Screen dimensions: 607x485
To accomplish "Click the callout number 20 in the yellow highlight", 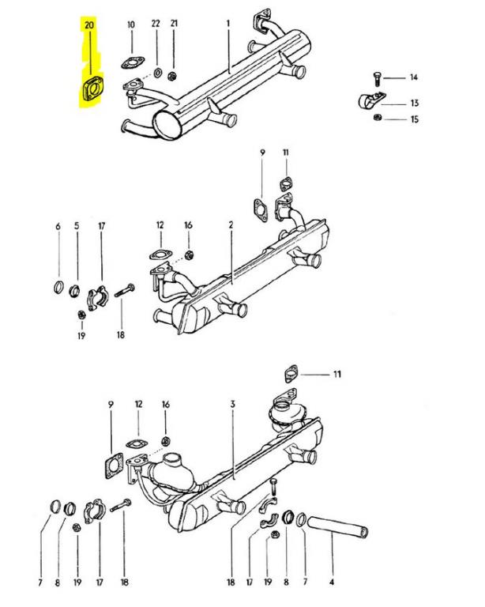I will (x=89, y=25).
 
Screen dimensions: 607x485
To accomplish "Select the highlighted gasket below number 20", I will (x=91, y=89).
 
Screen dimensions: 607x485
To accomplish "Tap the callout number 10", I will (x=131, y=25).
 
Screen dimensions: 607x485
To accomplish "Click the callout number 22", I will (x=156, y=25).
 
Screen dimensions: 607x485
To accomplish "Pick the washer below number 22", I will (x=157, y=74).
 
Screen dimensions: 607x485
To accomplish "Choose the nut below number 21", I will (x=174, y=77).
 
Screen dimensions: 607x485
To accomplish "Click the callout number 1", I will (x=228, y=25).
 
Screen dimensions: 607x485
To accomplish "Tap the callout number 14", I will (x=412, y=77).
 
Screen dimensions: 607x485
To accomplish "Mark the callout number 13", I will (x=414, y=104).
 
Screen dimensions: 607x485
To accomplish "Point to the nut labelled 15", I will (x=378, y=119).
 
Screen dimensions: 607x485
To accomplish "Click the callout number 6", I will (x=58, y=227).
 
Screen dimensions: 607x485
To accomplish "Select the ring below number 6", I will (x=58, y=285).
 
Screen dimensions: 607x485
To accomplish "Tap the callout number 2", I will (x=231, y=226).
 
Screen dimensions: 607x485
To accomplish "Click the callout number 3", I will (x=233, y=405).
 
